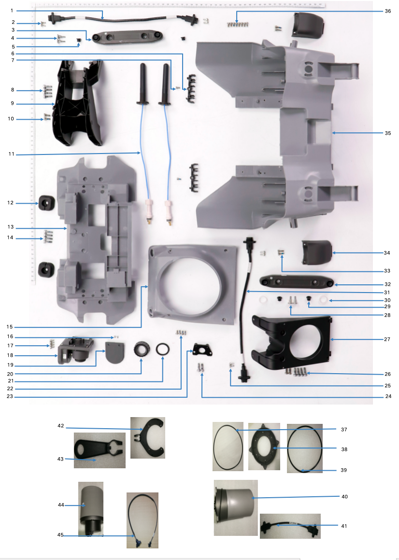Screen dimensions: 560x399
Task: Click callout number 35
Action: (x=387, y=133)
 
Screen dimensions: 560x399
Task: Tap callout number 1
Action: (x=13, y=11)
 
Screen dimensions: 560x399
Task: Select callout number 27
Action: (x=387, y=339)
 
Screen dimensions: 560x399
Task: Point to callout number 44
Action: (x=61, y=504)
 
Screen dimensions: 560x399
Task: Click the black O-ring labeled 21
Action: (x=163, y=348)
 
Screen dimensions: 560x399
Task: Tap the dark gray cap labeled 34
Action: (x=316, y=252)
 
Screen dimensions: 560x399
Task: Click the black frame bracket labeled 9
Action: (x=77, y=104)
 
